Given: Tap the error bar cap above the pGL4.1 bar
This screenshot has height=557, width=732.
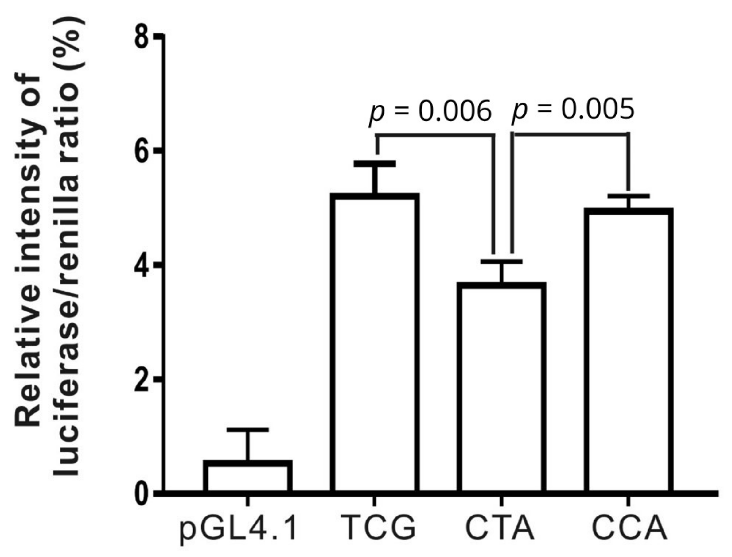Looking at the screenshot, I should [248, 430].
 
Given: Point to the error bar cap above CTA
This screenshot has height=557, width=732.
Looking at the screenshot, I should [501, 261].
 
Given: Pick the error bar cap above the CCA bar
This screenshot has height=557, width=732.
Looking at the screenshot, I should [629, 196].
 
